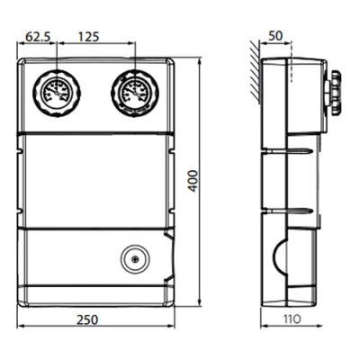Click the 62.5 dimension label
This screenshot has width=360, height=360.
(38, 37)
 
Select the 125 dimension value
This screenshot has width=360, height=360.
(88, 37)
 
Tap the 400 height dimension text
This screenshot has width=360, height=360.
(193, 181)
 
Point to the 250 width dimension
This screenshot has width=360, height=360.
(87, 319)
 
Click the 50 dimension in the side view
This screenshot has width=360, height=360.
(275, 36)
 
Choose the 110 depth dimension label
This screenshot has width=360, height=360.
(291, 319)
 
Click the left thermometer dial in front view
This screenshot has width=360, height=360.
(57, 93)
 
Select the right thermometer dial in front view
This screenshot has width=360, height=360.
(135, 93)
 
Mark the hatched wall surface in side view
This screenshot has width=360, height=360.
(255, 73)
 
